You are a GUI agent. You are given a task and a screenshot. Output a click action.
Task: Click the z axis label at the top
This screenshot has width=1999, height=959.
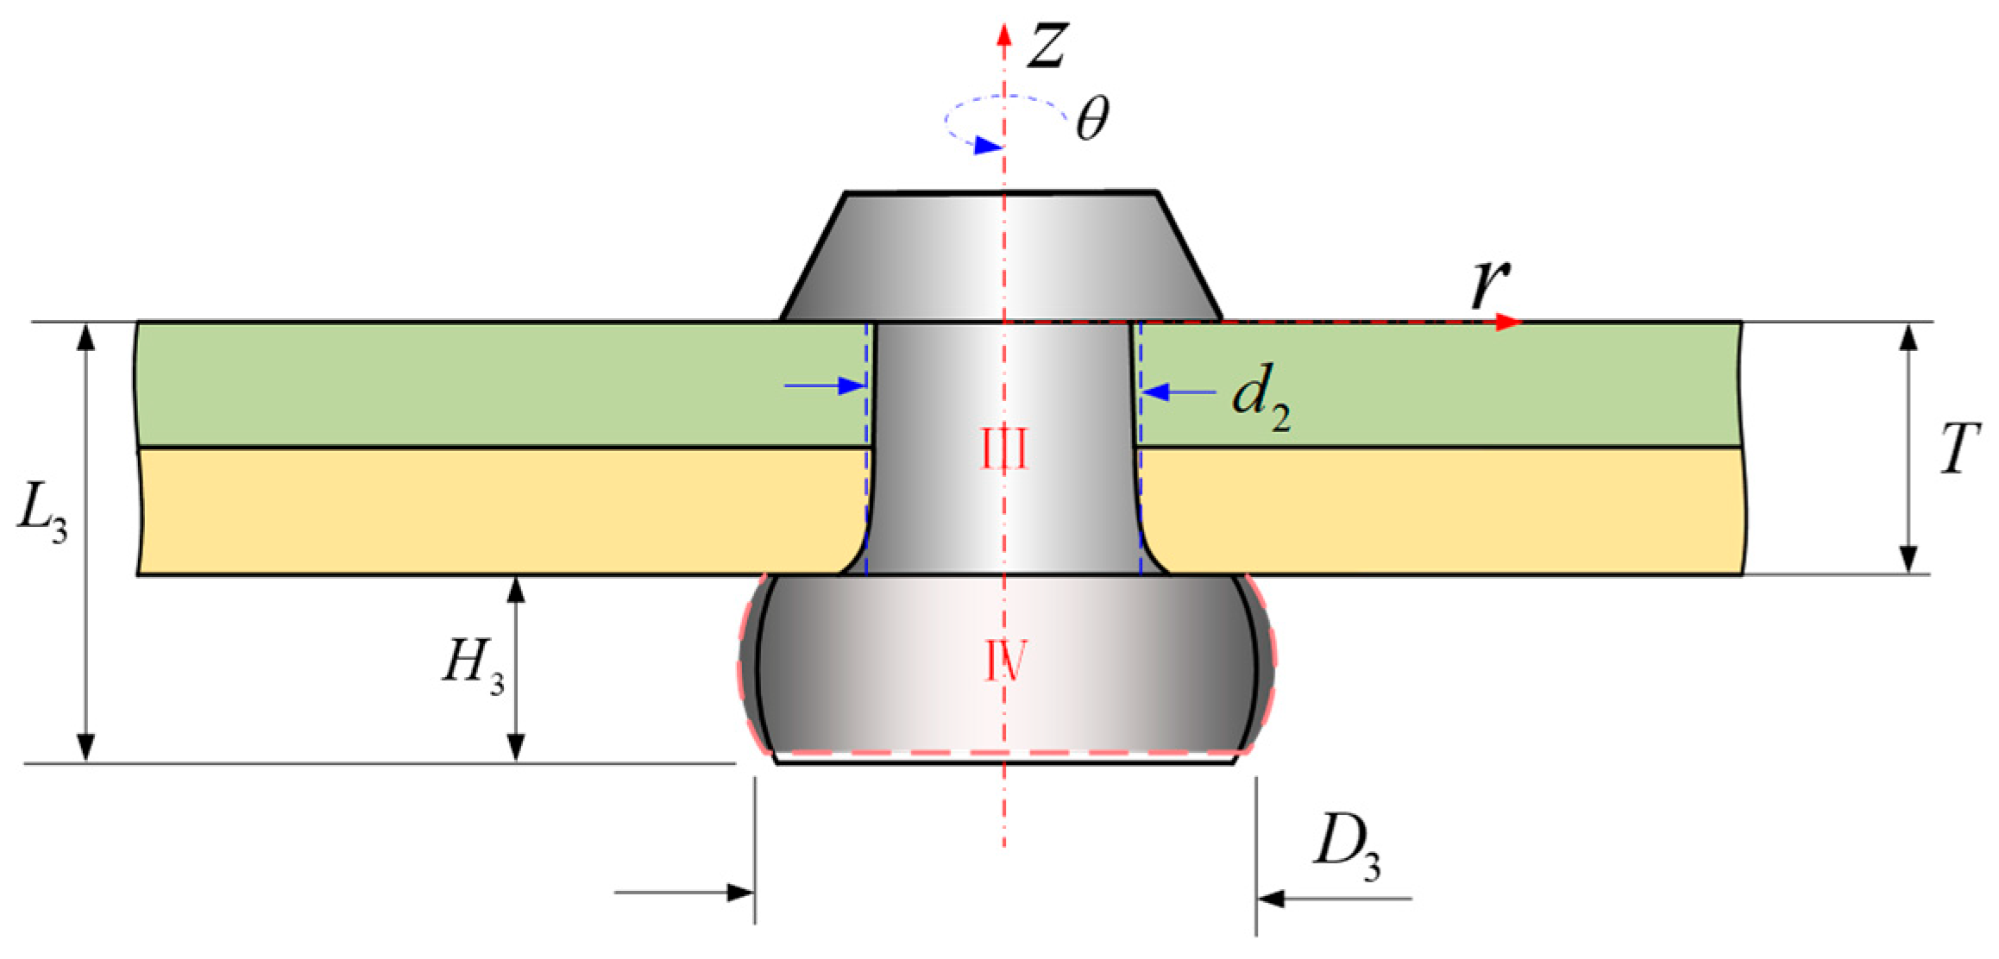coord(1048,45)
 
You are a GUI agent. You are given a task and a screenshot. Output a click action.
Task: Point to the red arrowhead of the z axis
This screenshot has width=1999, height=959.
coord(1003,34)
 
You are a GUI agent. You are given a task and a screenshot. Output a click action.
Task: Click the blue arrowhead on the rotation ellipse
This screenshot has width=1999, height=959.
coord(986,146)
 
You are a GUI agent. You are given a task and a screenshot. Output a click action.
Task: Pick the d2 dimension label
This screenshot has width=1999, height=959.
coord(1260,400)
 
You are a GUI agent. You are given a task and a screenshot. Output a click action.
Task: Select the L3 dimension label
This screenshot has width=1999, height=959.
coord(42,517)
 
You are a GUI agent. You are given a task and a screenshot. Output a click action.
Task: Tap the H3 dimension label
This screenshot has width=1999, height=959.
coord(473,667)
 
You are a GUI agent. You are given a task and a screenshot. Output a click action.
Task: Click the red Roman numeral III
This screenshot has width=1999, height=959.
coord(1005,450)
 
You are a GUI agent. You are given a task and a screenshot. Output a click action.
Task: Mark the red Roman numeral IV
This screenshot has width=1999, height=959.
coord(1005,662)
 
